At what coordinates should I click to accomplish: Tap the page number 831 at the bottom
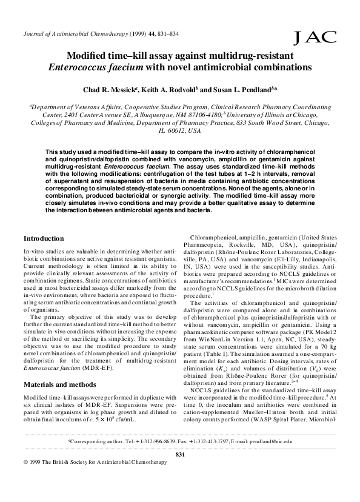tap(179, 471)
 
